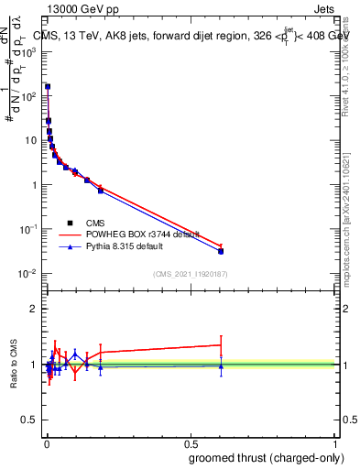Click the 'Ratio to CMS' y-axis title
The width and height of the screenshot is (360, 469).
coord(15,365)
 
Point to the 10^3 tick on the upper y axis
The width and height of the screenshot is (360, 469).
coord(29,51)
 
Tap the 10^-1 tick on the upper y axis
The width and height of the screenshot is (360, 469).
coord(29,229)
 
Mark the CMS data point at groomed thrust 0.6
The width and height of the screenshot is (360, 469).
coord(221,251)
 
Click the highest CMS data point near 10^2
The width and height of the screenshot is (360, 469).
coord(48,88)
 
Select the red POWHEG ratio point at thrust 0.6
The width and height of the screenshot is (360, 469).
coord(221,345)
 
